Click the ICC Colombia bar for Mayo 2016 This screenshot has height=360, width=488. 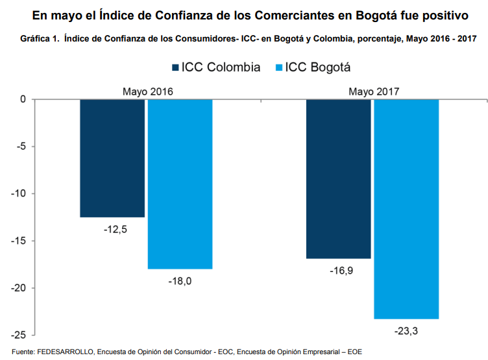coord(112,158)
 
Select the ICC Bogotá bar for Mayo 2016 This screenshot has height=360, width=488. coord(180,184)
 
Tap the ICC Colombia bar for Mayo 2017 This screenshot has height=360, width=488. coord(339,179)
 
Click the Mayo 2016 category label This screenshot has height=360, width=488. coord(147,91)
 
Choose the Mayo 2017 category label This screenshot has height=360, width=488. coord(373,91)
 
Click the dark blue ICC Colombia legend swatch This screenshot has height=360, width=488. coord(174,67)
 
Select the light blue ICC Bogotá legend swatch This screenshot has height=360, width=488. coord(280,67)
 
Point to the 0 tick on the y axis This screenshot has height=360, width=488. coord(22,99)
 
